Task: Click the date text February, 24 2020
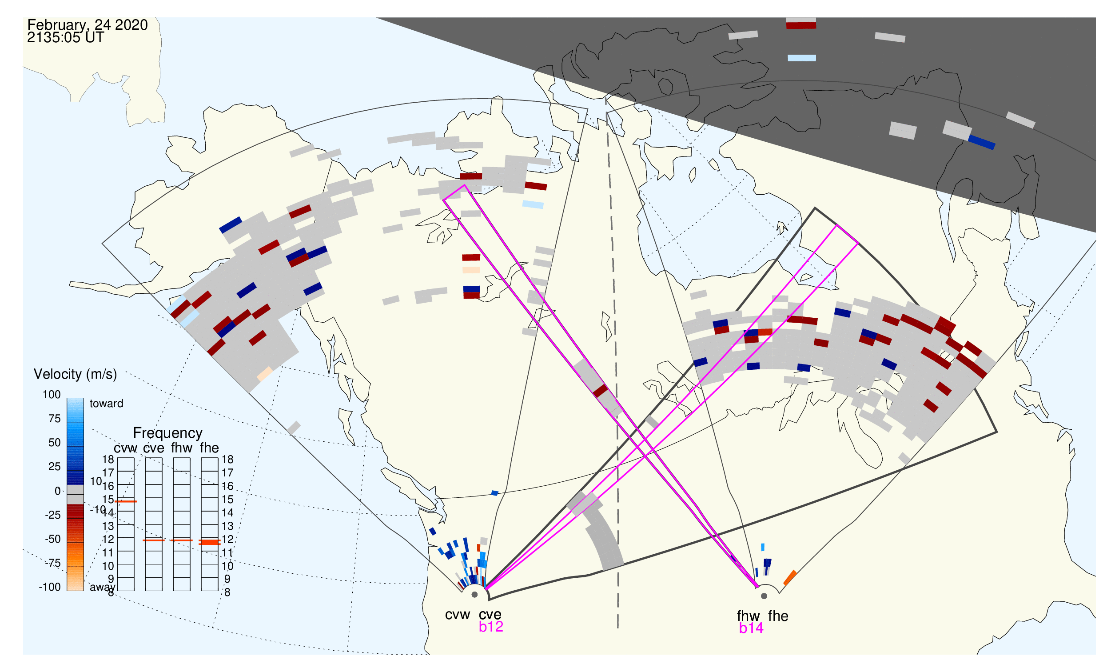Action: [x=88, y=25]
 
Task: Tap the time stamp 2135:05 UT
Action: [x=65, y=38]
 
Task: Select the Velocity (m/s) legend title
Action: [x=75, y=375]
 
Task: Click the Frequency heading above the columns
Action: [x=168, y=433]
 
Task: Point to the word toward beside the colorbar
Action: [x=107, y=404]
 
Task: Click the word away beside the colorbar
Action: [x=103, y=588]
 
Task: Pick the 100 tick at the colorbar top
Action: [x=52, y=395]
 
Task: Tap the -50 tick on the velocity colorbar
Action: [x=53, y=539]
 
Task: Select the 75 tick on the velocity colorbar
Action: [x=55, y=419]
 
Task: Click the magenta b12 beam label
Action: [x=491, y=627]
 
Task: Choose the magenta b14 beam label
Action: [x=751, y=628]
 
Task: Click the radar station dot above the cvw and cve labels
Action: [x=474, y=595]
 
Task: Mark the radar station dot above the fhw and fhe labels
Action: [x=765, y=596]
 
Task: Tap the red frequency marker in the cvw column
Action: [x=126, y=502]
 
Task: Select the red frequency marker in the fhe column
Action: [x=210, y=542]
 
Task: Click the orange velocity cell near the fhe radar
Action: [x=790, y=578]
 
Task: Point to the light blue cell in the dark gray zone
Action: [x=802, y=58]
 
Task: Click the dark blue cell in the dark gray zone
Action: [x=982, y=143]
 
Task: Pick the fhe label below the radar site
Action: [x=778, y=616]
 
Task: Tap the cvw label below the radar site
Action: [x=457, y=615]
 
